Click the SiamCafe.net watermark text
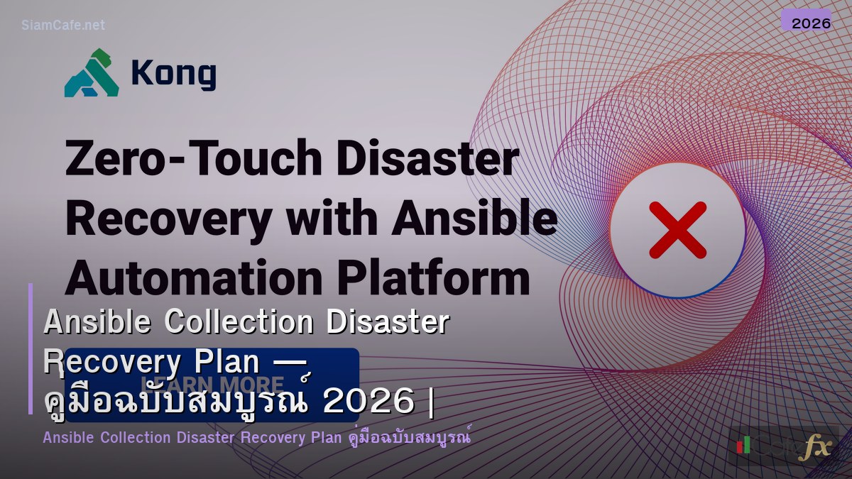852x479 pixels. pyautogui.click(x=63, y=25)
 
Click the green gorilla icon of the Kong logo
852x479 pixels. pyautogui.click(x=92, y=73)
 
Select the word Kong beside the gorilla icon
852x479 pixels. pyautogui.click(x=173, y=73)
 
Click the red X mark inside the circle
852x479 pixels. pyautogui.click(x=677, y=229)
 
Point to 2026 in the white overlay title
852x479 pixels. pyautogui.click(x=368, y=402)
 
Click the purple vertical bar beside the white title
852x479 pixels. pyautogui.click(x=31, y=348)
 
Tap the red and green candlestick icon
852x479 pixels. pyautogui.click(x=743, y=445)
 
